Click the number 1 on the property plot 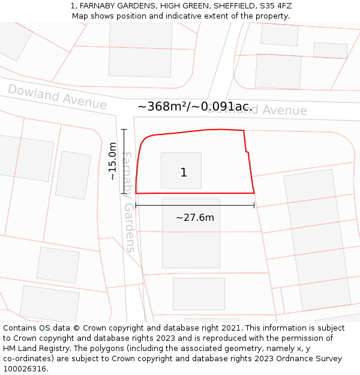pyautogui.click(x=184, y=173)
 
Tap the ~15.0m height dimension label pyautogui.click(x=112, y=161)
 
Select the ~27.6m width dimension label pyautogui.click(x=194, y=217)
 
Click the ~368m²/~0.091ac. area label pyautogui.click(x=194, y=106)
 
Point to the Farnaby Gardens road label pyautogui.click(x=127, y=202)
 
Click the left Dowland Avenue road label pyautogui.click(x=57, y=97)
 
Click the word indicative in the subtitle pyautogui.click(x=179, y=16)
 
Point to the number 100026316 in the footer pyautogui.click(x=25, y=369)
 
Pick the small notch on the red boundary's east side pyautogui.click(x=247, y=152)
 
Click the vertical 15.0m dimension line pyautogui.click(x=124, y=161)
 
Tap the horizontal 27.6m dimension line pyautogui.click(x=194, y=205)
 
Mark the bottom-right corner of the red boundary pyautogui.click(x=254, y=193)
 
